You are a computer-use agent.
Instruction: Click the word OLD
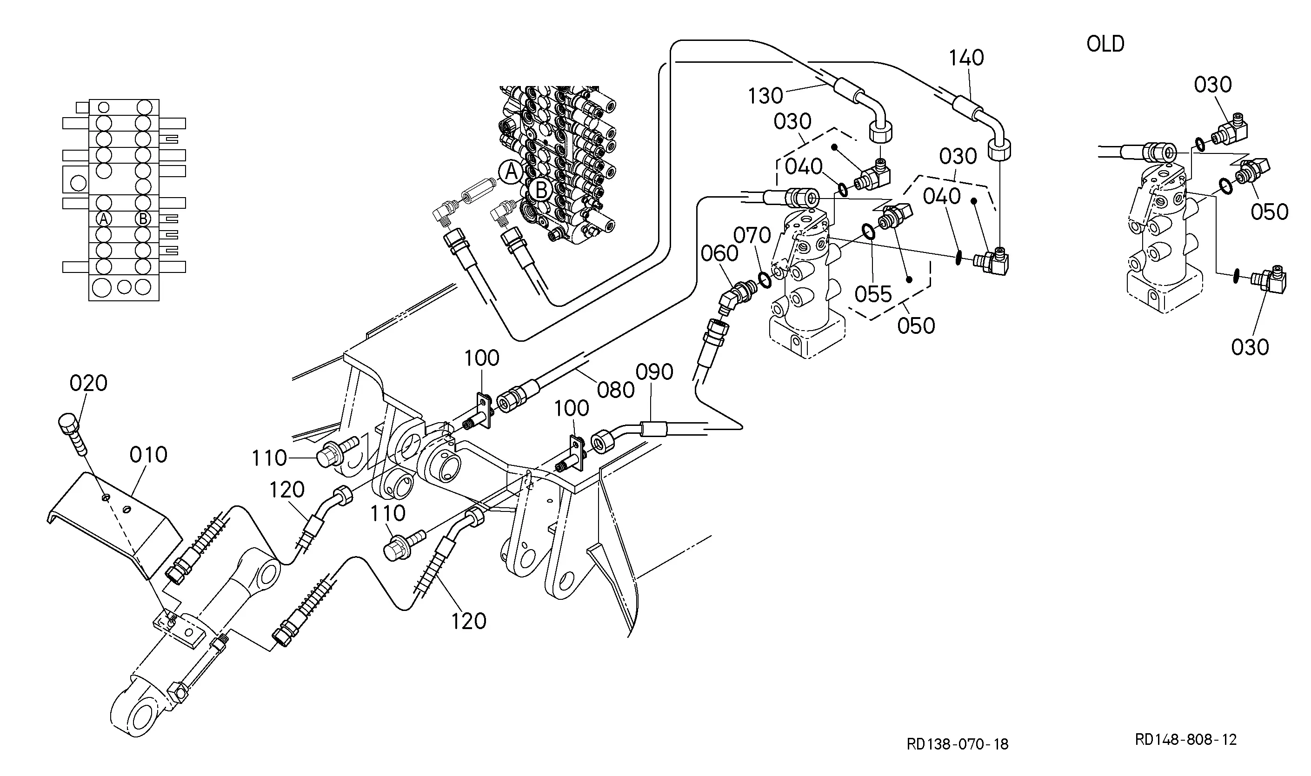pyautogui.click(x=1105, y=44)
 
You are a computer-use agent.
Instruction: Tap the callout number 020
pyautogui.click(x=88, y=383)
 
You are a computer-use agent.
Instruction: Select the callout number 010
pyautogui.click(x=148, y=455)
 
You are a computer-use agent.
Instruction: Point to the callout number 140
pyautogui.click(x=966, y=58)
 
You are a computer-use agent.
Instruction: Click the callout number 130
pyautogui.click(x=765, y=96)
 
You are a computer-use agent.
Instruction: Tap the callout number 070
pyautogui.click(x=752, y=236)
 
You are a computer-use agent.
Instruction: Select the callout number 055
pyautogui.click(x=873, y=295)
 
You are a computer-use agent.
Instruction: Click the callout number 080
pyautogui.click(x=615, y=390)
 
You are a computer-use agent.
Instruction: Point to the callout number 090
pyautogui.click(x=654, y=372)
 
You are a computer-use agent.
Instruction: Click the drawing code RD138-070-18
pyautogui.click(x=957, y=744)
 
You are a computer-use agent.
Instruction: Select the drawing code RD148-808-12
pyautogui.click(x=1185, y=739)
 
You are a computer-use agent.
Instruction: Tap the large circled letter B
pyautogui.click(x=541, y=189)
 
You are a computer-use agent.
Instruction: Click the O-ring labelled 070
pyautogui.click(x=764, y=279)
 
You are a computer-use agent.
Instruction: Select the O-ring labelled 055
pyautogui.click(x=868, y=231)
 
